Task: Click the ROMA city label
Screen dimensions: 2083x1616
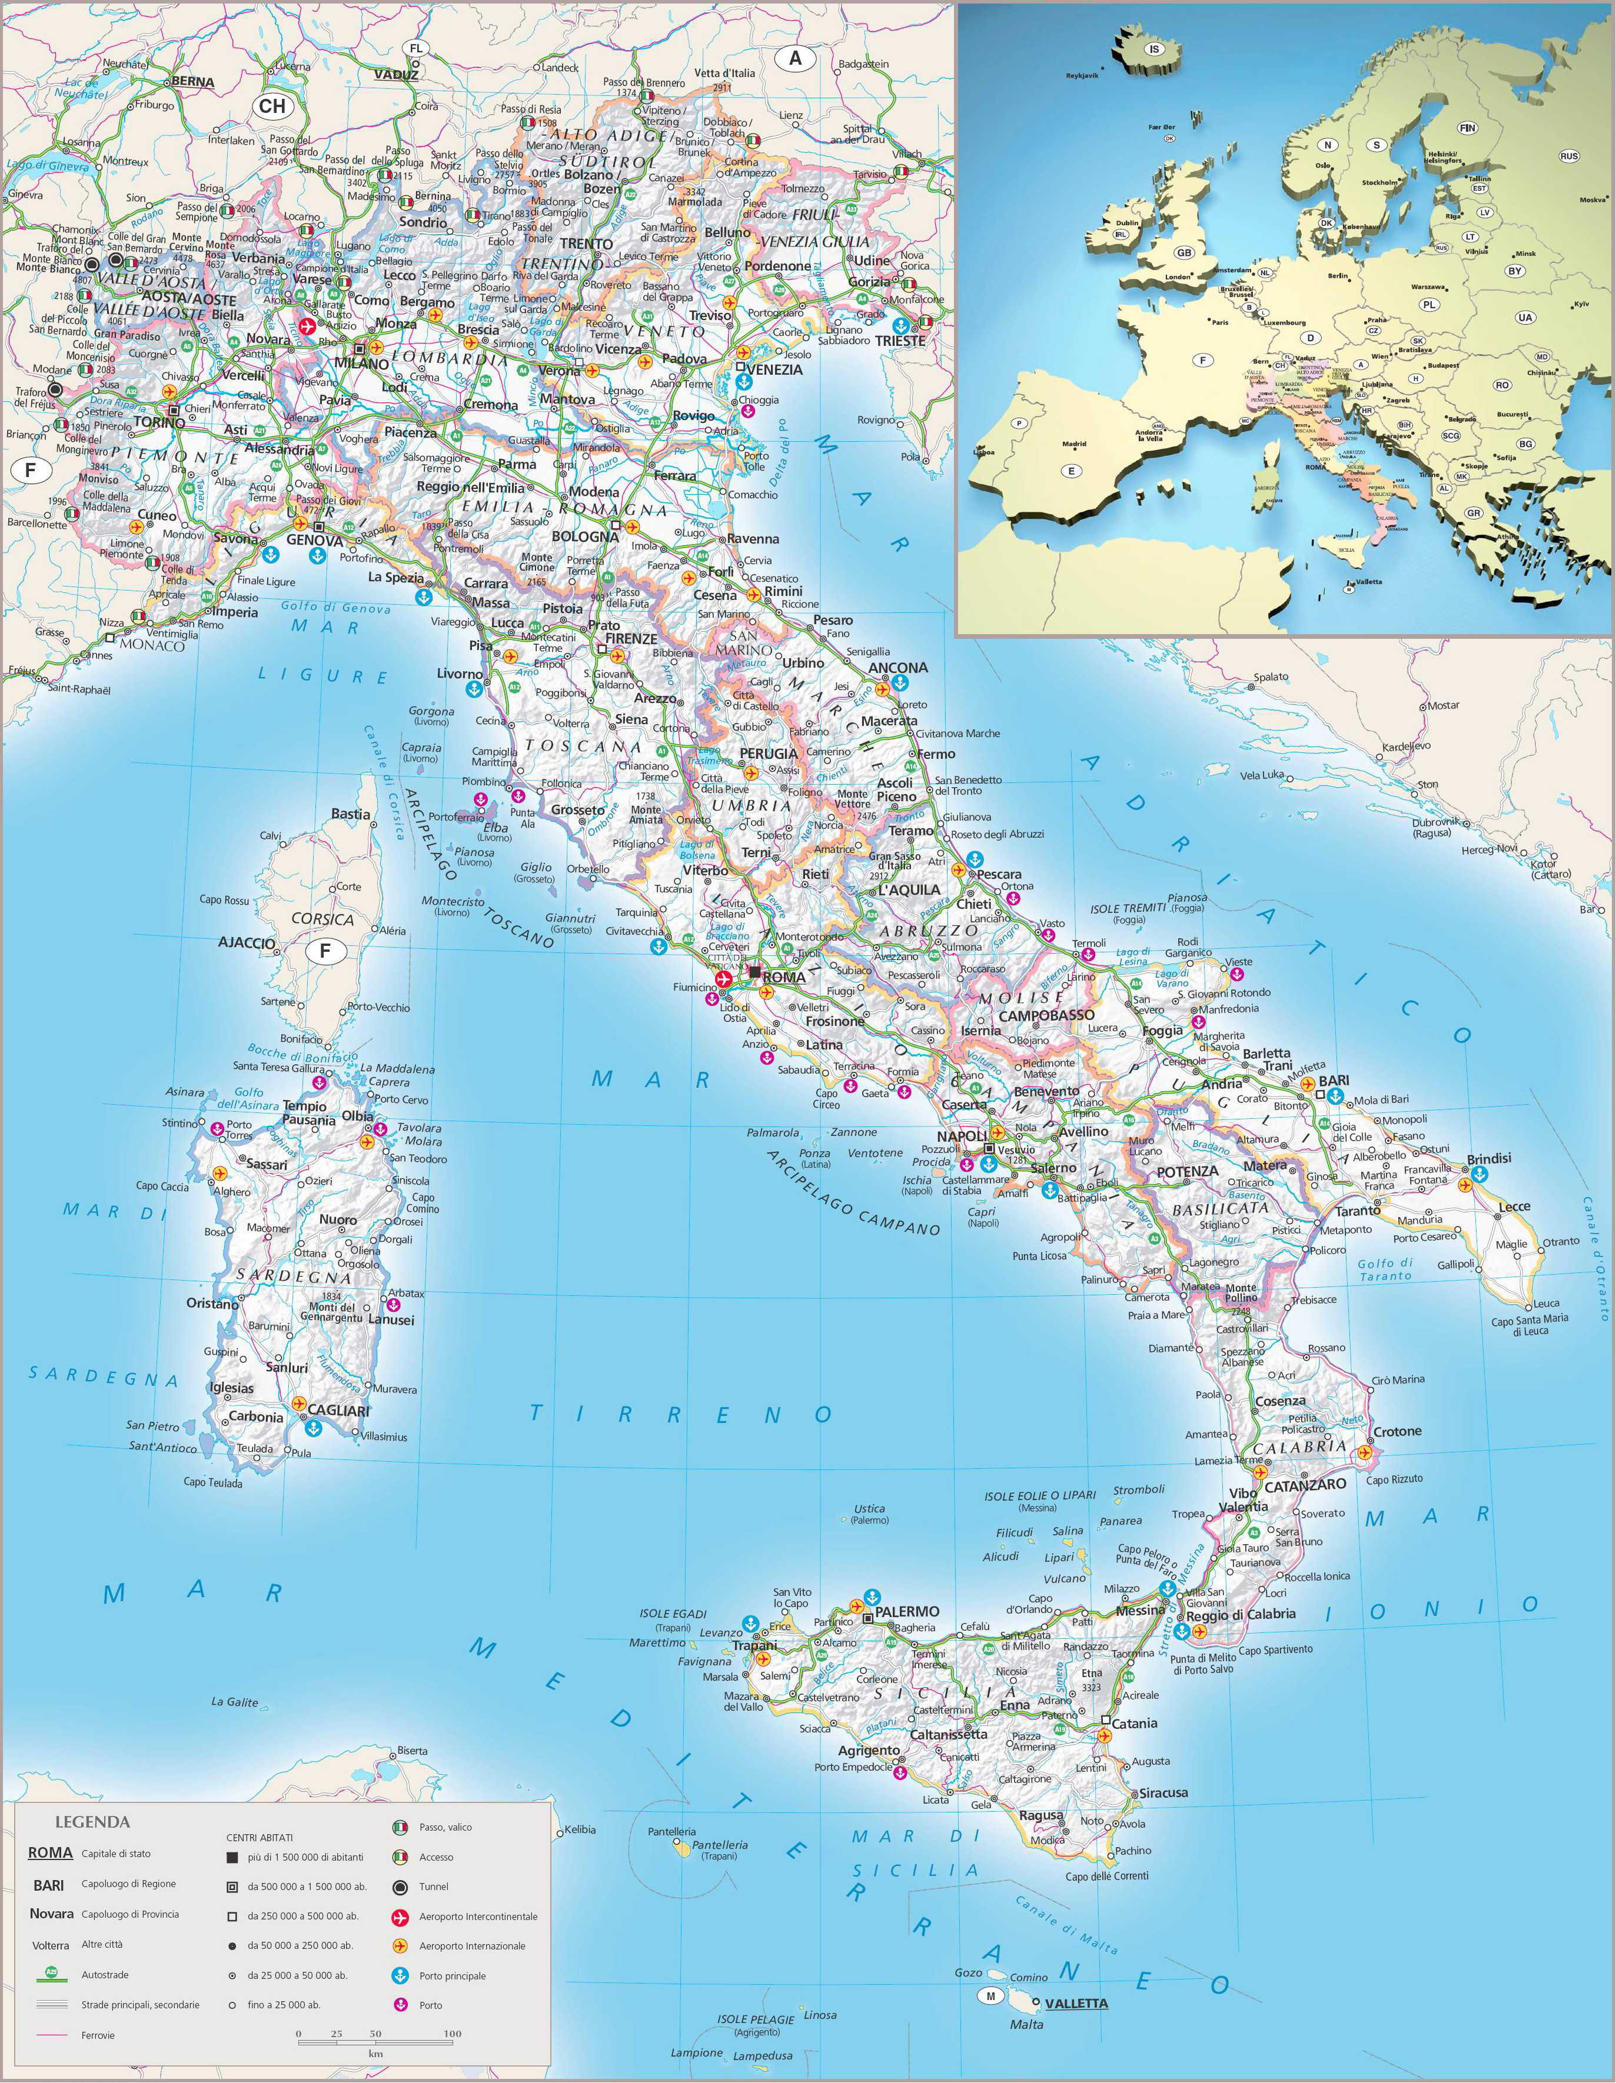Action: (784, 978)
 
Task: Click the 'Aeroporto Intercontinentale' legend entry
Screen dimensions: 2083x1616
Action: (478, 1916)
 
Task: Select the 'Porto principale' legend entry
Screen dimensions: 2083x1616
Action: (452, 1975)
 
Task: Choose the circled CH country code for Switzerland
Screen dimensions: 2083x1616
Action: (272, 106)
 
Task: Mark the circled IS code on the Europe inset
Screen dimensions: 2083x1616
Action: (1154, 49)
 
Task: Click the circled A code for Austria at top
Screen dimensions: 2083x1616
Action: (794, 58)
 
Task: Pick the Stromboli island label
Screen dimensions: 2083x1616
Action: (1138, 1489)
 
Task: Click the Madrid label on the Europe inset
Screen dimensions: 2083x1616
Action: (1074, 444)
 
